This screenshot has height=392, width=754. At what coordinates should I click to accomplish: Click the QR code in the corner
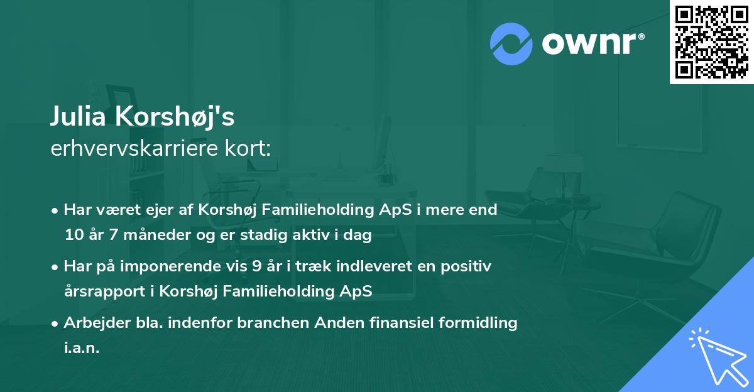click(711, 41)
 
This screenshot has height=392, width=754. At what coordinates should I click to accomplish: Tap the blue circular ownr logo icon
click(511, 42)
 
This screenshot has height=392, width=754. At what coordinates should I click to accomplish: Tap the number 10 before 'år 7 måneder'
click(72, 236)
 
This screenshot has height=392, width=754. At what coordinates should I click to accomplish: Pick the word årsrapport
click(101, 292)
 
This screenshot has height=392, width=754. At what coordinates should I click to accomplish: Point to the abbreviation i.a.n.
click(82, 349)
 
